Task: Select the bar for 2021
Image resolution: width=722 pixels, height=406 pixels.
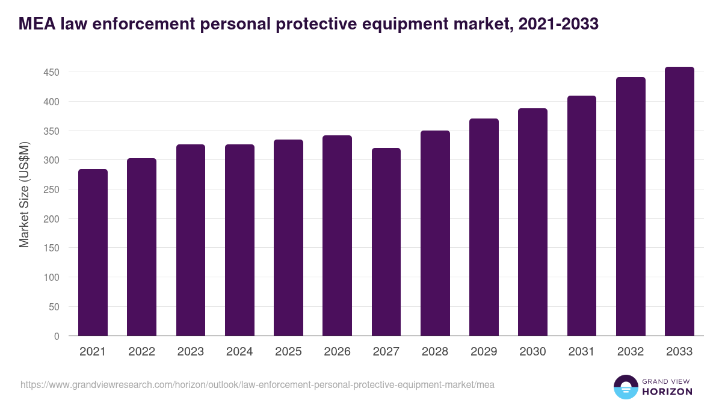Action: coord(93,253)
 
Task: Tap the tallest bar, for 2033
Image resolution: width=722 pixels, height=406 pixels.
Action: coord(679,201)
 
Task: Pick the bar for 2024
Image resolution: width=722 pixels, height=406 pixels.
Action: coord(239,240)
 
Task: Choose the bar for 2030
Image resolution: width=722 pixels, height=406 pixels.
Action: coord(532,222)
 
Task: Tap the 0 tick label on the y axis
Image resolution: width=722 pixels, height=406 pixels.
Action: coord(57,336)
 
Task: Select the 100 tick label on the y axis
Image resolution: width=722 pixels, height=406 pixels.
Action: coord(52,278)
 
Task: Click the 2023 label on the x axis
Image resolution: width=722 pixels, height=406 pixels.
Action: coord(190,352)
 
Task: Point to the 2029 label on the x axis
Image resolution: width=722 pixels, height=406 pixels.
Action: coord(484,352)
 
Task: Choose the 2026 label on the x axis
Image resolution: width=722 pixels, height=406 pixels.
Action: coord(337,352)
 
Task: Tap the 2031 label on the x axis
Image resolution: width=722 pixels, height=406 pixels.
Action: coord(581,352)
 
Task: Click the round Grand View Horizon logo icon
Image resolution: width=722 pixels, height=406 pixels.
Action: coord(625,387)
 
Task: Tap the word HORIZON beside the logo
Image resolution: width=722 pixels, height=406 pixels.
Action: coord(667,392)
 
